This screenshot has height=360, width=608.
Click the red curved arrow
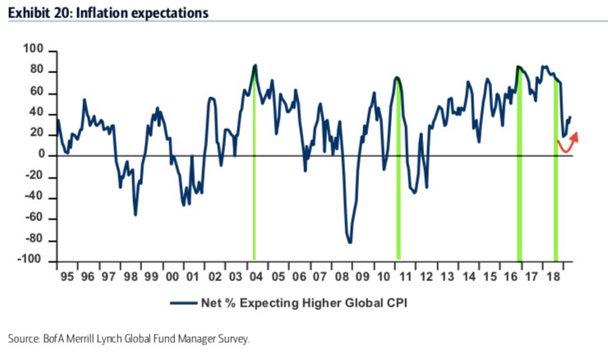coord(567,145)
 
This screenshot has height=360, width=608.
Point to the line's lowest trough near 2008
coord(350,242)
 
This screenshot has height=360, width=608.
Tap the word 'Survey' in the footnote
coord(231,338)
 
